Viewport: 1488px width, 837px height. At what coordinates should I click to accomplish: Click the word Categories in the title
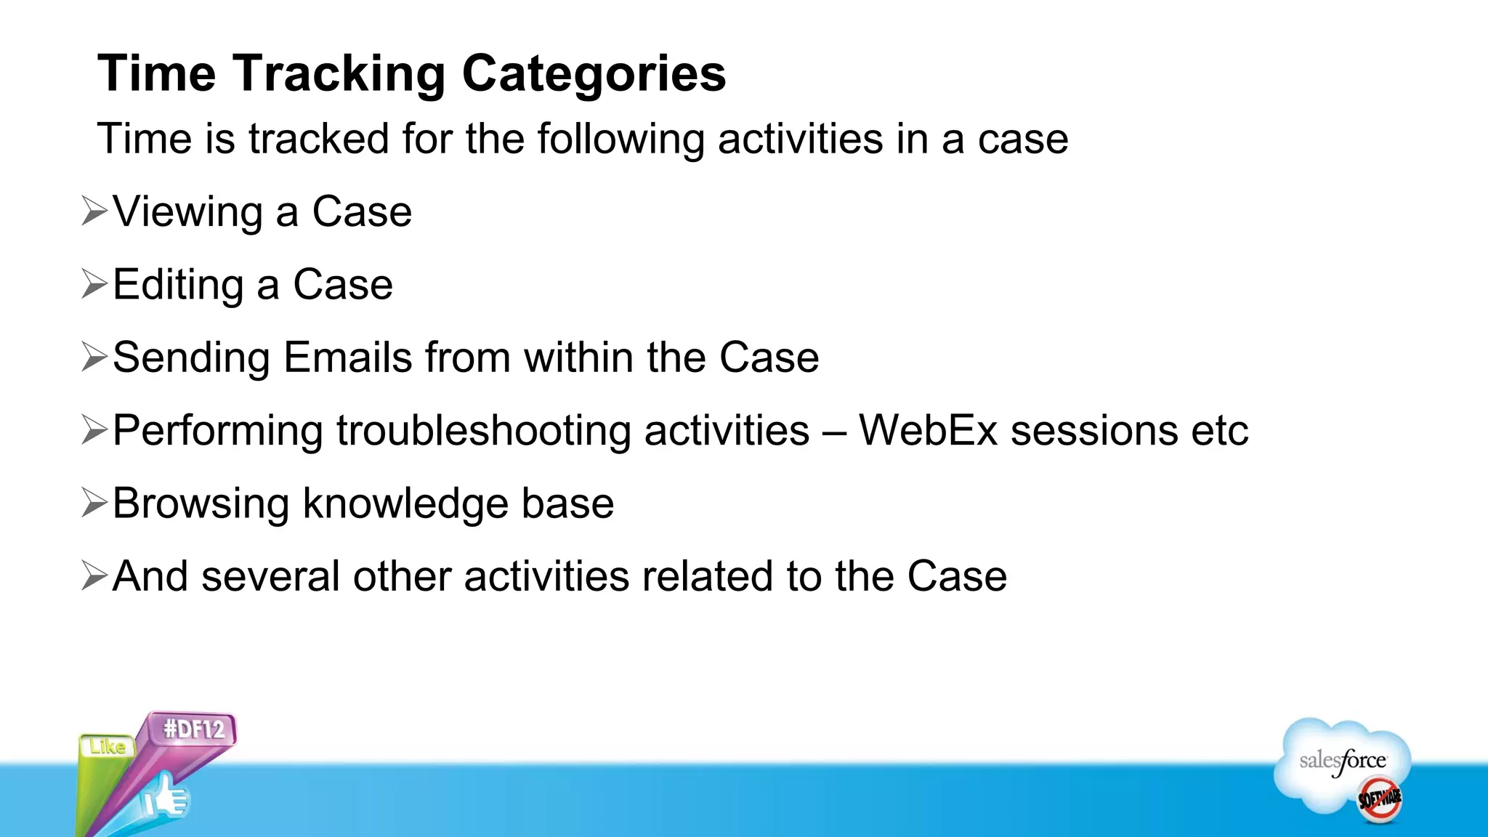click(x=594, y=74)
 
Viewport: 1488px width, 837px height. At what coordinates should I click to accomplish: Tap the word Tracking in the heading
click(x=339, y=74)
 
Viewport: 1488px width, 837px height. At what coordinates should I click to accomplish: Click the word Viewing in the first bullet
click(x=187, y=212)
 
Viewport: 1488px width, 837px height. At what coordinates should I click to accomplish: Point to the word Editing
click(x=178, y=285)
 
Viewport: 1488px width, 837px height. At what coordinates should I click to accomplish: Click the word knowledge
click(x=405, y=504)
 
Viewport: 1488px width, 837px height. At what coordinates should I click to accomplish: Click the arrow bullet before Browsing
click(x=94, y=503)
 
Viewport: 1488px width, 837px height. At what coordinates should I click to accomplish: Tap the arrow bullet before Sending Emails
click(x=94, y=357)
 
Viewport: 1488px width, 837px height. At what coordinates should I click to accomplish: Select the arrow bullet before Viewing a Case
click(x=94, y=211)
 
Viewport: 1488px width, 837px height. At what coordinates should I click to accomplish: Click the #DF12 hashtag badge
click(x=193, y=729)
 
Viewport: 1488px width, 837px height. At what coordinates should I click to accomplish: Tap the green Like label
click(x=108, y=747)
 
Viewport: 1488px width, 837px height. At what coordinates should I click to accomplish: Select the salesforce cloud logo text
click(x=1342, y=761)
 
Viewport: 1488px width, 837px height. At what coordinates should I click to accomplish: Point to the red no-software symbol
click(x=1379, y=799)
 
